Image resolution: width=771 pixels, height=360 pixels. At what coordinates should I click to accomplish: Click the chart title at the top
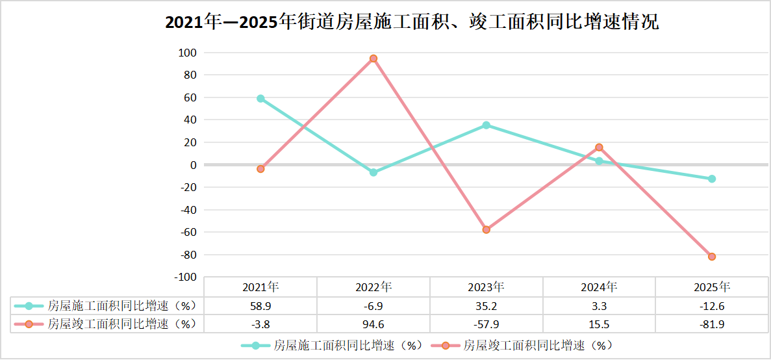tap(412, 23)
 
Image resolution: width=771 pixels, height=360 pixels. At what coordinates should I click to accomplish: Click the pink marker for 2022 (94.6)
tap(373, 58)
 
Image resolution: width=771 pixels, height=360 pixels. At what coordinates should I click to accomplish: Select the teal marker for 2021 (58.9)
tap(260, 99)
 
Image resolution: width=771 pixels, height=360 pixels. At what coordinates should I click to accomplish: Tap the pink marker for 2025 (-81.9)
tap(712, 257)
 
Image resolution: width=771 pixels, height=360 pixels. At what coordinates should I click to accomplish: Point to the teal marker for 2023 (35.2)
tap(487, 125)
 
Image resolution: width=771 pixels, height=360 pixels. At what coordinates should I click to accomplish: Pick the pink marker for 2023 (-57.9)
tap(487, 229)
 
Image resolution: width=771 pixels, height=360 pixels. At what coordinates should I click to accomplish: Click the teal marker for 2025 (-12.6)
tap(712, 179)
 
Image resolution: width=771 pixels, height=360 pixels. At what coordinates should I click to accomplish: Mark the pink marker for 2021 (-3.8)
tap(260, 169)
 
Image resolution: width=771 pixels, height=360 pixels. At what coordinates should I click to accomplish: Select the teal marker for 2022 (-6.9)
tap(373, 172)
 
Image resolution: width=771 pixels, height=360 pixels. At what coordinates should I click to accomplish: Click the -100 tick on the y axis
tap(186, 277)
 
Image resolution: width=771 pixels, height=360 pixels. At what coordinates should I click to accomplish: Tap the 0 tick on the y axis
tap(194, 165)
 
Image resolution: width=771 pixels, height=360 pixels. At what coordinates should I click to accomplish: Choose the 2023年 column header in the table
tap(487, 287)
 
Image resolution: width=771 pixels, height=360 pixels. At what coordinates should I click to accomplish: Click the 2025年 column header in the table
tap(712, 287)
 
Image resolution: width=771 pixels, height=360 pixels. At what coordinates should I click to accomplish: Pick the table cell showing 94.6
tap(373, 323)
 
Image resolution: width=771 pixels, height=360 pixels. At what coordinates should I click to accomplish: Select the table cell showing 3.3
tap(599, 305)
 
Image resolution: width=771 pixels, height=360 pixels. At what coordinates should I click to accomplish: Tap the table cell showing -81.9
tap(712, 323)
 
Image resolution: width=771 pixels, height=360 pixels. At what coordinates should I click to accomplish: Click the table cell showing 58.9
tap(260, 305)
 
